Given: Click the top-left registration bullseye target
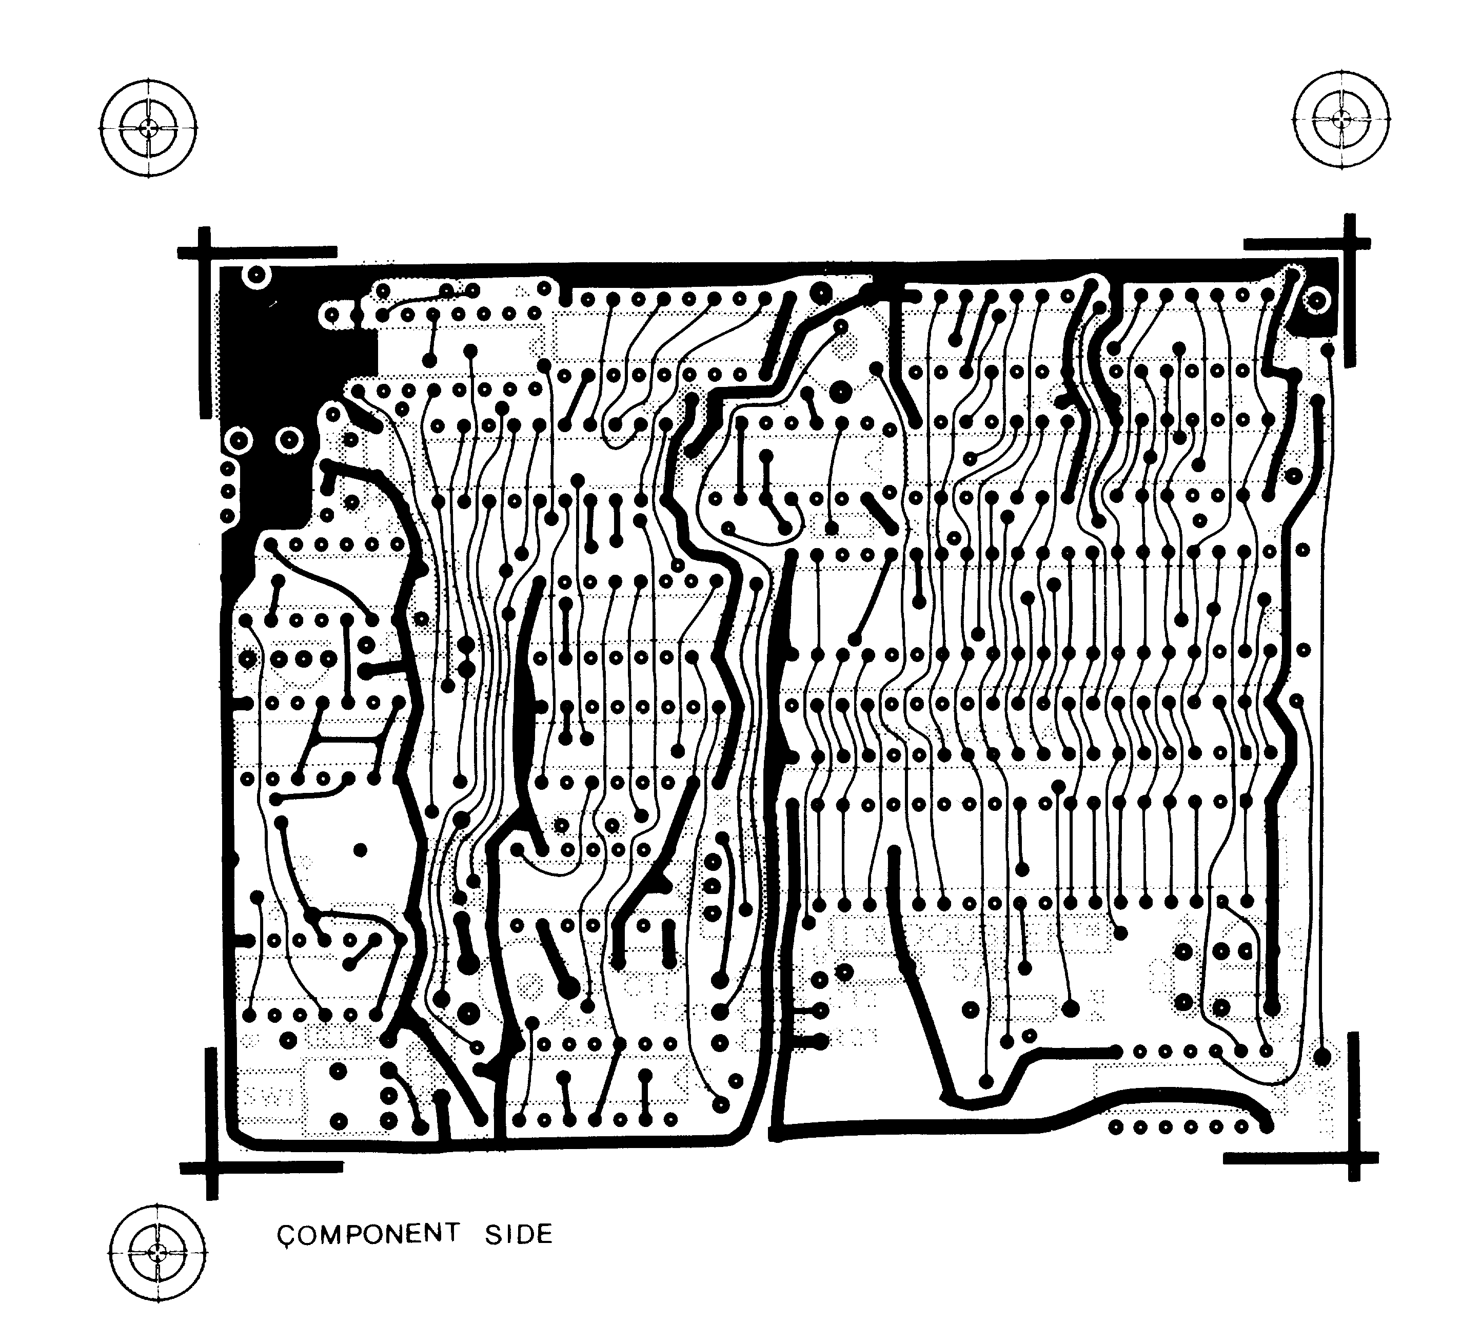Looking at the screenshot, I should coord(149,128).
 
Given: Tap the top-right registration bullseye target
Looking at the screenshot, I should coord(1341,120).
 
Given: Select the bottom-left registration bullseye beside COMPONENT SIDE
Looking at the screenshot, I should coord(157,1252).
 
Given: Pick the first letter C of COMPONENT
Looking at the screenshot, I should coord(286,1235).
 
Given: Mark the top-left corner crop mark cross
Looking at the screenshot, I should coord(205,252).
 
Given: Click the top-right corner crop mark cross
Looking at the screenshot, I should coord(1349,244).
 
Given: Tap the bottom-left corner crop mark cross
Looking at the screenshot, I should coord(211,1168).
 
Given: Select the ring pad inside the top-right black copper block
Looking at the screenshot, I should coord(1317,300).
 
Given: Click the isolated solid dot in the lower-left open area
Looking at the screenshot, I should coord(360,850).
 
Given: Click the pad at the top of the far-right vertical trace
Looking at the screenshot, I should coord(1327,351).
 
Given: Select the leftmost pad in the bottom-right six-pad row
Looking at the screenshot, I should coord(1116,1127).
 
